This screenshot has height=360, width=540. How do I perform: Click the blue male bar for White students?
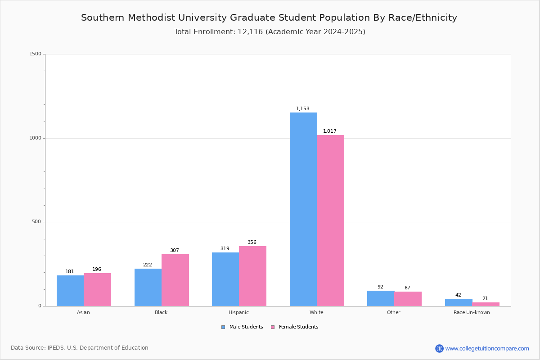[303, 209]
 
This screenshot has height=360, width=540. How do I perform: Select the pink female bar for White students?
[331, 220]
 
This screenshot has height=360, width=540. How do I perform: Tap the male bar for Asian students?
[70, 291]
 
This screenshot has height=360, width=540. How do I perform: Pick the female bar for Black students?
[175, 280]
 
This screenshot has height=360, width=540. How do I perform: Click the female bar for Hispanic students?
[252, 276]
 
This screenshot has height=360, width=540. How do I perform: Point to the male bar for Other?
[381, 298]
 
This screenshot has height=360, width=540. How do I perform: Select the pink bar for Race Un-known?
[486, 304]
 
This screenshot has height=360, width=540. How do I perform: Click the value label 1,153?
[303, 109]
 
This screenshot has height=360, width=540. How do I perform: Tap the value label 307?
[175, 251]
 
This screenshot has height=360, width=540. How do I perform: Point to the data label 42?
[458, 295]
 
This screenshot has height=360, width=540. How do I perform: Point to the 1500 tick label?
[35, 54]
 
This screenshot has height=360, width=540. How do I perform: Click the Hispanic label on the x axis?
[238, 312]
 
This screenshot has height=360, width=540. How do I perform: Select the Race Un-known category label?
[472, 312]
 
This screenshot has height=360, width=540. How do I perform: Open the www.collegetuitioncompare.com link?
[487, 348]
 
